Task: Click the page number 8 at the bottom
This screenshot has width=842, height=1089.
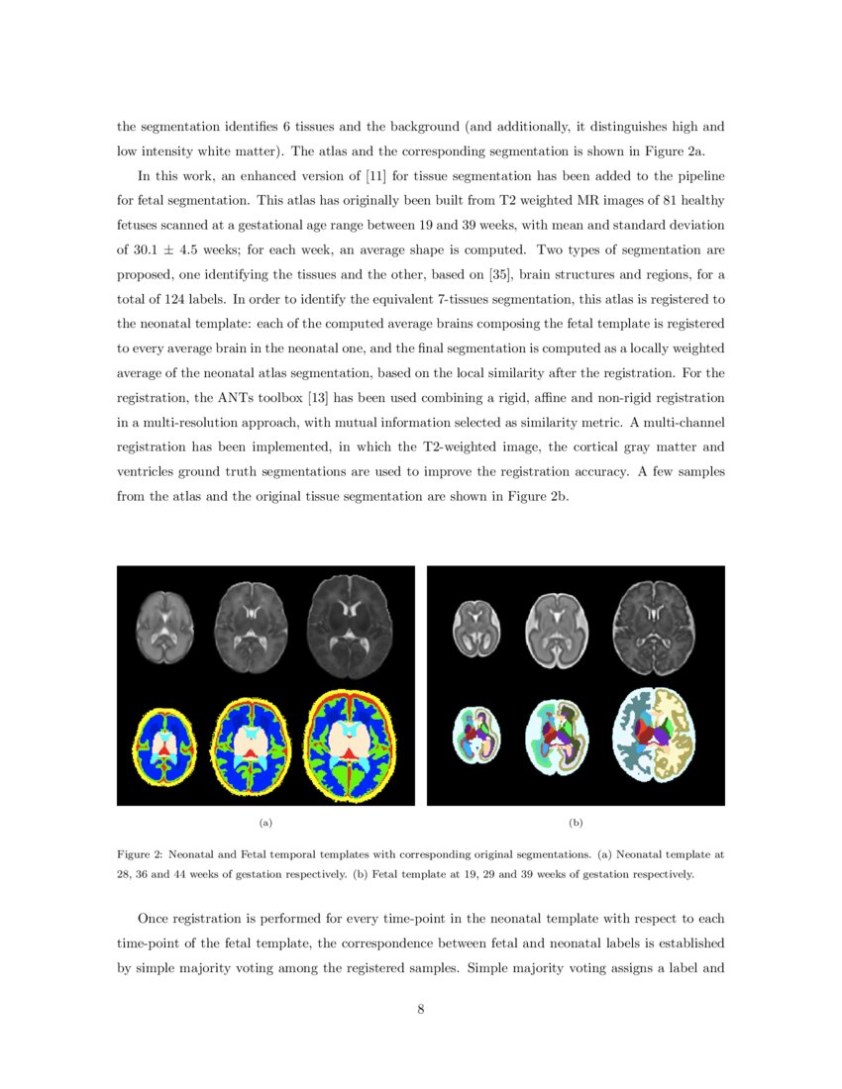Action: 421,1010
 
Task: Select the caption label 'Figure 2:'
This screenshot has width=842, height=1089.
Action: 140,852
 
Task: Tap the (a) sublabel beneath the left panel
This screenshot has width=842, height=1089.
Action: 264,823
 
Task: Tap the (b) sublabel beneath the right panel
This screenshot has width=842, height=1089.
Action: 576,823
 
